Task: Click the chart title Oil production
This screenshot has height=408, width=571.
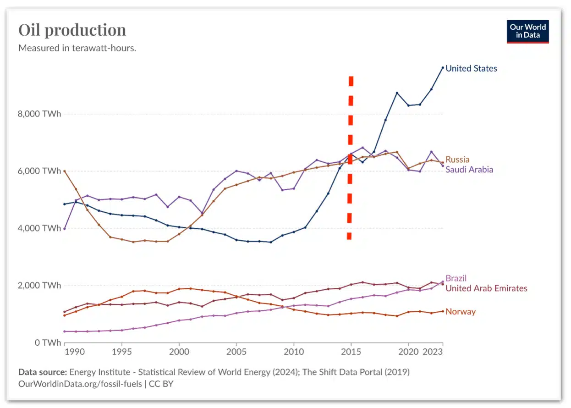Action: click(x=72, y=30)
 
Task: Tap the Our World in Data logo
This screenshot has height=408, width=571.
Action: click(x=527, y=31)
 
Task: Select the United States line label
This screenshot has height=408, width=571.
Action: click(x=471, y=68)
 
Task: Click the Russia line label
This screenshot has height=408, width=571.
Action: click(x=457, y=160)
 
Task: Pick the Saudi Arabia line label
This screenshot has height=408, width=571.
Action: click(x=469, y=170)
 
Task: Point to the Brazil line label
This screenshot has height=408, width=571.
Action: click(x=456, y=278)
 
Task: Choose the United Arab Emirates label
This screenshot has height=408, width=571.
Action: click(x=486, y=288)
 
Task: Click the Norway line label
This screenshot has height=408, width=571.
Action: click(x=461, y=312)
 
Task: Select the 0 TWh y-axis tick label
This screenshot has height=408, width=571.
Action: click(x=48, y=342)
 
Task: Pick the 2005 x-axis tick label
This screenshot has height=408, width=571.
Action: click(x=236, y=353)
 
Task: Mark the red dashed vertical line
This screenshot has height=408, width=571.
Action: click(x=350, y=158)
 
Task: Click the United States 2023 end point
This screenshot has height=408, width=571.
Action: click(x=443, y=68)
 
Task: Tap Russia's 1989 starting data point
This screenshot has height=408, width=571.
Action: click(x=65, y=171)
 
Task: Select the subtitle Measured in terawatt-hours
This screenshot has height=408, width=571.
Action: click(x=77, y=48)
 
